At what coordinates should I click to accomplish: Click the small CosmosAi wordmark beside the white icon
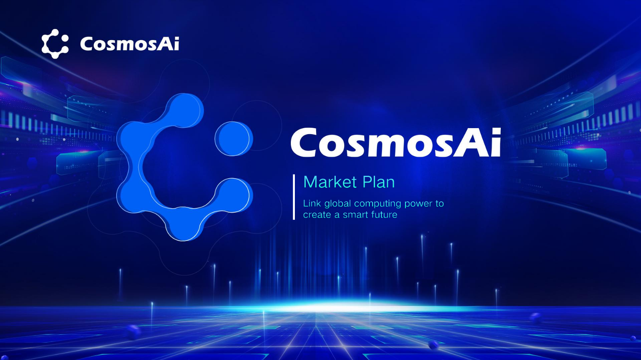(x=130, y=44)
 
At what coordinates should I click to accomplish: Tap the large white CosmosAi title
(x=396, y=143)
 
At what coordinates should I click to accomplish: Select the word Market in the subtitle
(x=331, y=182)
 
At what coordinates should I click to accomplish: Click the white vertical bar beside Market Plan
(x=294, y=197)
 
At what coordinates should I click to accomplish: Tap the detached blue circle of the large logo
(x=234, y=139)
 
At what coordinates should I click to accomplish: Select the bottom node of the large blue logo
(x=183, y=223)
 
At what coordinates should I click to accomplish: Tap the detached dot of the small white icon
(x=65, y=39)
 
